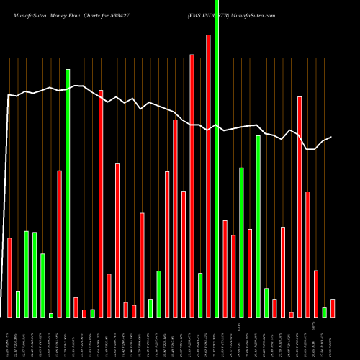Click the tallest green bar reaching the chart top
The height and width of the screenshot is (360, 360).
click(217, 158)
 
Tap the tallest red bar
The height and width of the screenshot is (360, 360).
click(209, 176)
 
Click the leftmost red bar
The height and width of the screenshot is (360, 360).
click(9, 277)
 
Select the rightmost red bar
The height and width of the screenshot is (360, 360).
click(333, 307)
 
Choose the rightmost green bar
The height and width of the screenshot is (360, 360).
click(325, 312)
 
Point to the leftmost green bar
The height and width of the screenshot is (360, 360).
click(18, 304)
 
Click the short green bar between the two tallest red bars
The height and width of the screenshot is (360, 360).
click(200, 295)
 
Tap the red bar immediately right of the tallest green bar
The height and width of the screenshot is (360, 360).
click(225, 269)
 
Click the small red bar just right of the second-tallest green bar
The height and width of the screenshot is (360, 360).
click(76, 307)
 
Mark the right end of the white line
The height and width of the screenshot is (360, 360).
click(331, 137)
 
